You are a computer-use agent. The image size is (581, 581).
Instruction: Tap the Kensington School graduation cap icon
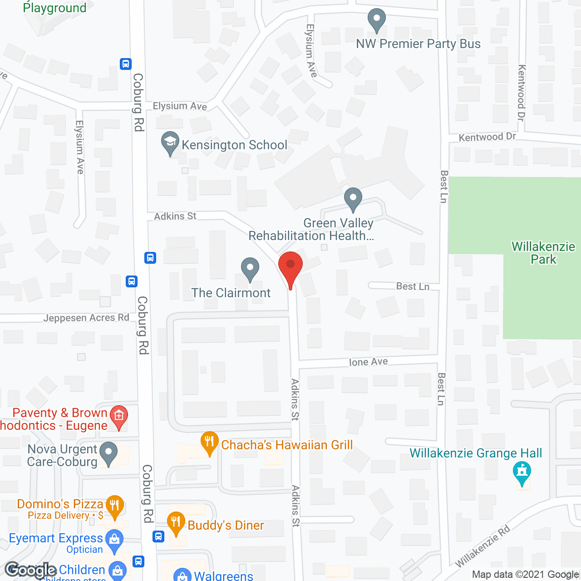[x=170, y=143]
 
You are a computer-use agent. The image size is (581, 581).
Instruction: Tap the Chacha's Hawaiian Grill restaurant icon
[x=209, y=443]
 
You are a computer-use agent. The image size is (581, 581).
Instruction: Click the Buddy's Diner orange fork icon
[x=176, y=523]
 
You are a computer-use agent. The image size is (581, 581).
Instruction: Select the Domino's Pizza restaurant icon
[x=114, y=506]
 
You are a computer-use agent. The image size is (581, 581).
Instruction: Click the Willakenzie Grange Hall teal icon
[x=522, y=473]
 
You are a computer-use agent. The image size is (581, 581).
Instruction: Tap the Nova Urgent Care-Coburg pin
[x=108, y=453]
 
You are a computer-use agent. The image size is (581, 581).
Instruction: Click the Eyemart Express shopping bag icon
[x=114, y=540]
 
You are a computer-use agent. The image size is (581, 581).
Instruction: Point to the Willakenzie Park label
[x=543, y=253]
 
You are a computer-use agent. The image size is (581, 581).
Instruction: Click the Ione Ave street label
[x=368, y=362]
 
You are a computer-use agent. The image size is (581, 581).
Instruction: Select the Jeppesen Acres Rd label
[x=86, y=318]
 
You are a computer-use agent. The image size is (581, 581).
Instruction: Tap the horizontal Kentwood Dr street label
[x=487, y=137]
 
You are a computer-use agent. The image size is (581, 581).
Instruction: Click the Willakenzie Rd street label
[x=483, y=547]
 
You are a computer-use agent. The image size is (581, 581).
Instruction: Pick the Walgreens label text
[x=223, y=576]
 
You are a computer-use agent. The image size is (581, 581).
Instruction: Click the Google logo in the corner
[x=31, y=570]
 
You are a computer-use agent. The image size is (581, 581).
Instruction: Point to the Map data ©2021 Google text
[x=526, y=574]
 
